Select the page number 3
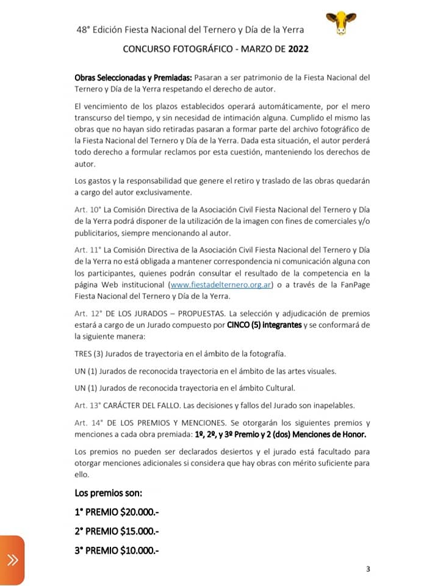[x=367, y=569]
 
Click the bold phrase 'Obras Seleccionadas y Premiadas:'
[x=133, y=78]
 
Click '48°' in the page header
[x=85, y=29]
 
